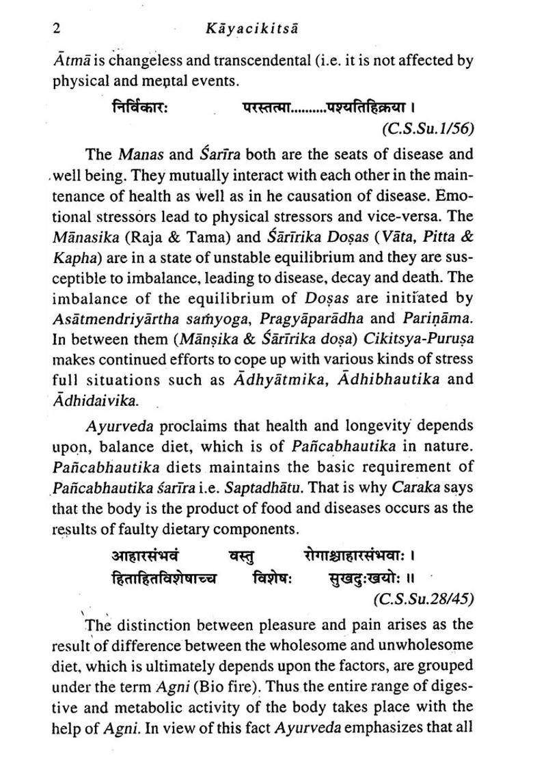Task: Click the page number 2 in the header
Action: click(x=57, y=29)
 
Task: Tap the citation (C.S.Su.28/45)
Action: click(x=424, y=599)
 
